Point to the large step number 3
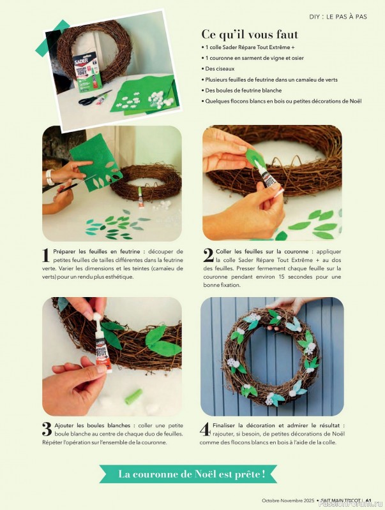47,428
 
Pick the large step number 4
206,428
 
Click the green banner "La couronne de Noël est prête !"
192,473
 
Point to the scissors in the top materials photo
96,98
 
